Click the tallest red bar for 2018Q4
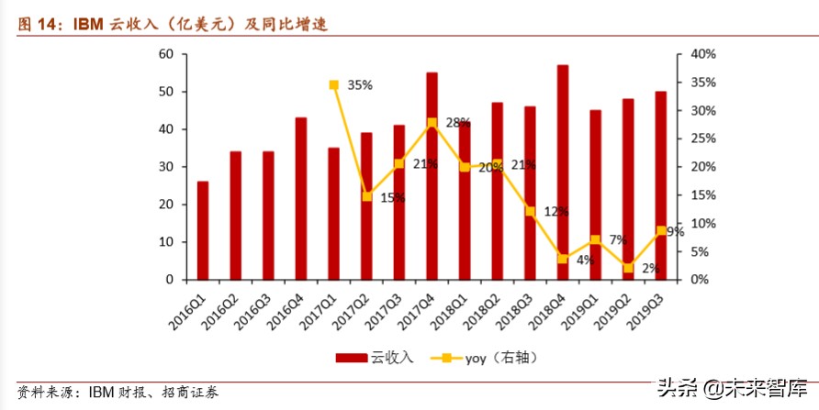click(563, 172)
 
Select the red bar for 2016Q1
click(202, 230)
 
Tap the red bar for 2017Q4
click(432, 176)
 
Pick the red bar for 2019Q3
click(661, 185)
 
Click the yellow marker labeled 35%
click(334, 85)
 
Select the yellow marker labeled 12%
click(530, 212)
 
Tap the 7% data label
click(618, 240)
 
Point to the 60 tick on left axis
click(166, 54)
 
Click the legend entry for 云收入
click(375, 358)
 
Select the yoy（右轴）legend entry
click(485, 358)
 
